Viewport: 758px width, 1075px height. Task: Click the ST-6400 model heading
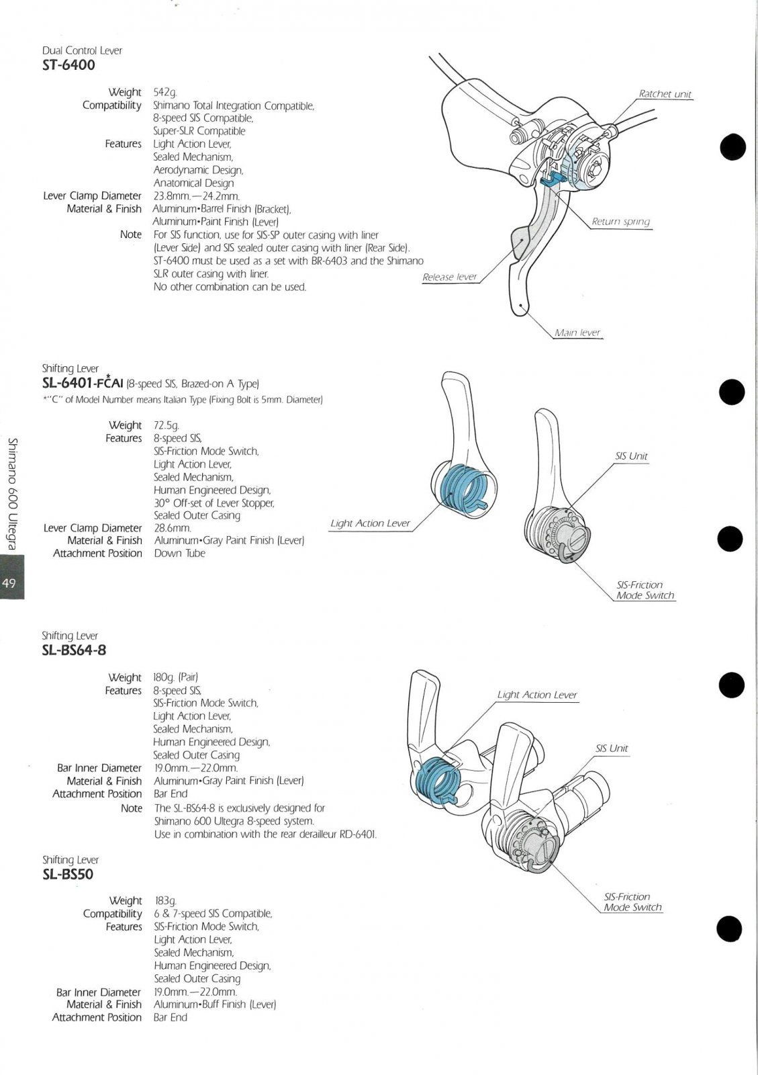pos(68,65)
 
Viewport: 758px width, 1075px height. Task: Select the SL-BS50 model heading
pos(67,874)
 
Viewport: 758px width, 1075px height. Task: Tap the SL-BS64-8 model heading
pos(74,650)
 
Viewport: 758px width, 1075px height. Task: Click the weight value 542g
pos(164,92)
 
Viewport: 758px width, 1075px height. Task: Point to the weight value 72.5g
pos(166,425)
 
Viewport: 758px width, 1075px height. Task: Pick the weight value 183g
pos(165,900)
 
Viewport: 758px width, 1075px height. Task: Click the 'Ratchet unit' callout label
pos(665,94)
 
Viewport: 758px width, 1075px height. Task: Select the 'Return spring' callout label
pos(620,222)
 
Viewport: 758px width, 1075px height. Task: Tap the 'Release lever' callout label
pos(449,277)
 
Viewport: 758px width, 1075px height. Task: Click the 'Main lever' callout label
pos(577,333)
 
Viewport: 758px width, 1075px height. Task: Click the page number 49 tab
pos(10,583)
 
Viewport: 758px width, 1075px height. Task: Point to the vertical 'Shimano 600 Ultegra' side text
pos(12,494)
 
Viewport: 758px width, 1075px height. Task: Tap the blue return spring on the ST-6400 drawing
pos(553,177)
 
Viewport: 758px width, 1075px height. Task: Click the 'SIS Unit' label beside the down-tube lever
pos(631,456)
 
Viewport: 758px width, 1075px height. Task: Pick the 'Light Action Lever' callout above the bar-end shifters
pos(536,695)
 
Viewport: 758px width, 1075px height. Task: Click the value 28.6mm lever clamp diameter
pos(173,528)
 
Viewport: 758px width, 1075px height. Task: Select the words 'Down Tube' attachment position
pos(179,553)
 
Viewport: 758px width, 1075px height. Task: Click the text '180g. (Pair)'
pos(175,677)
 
